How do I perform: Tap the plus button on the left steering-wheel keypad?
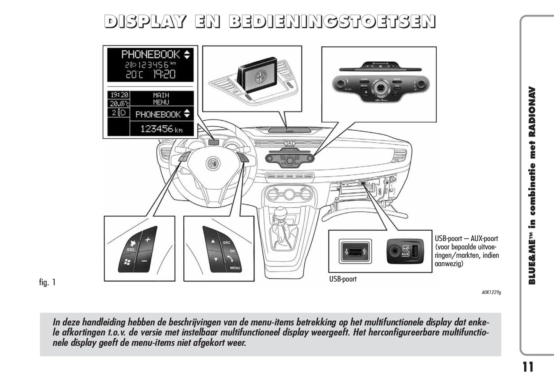click(147, 239)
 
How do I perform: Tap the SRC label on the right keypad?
click(227, 243)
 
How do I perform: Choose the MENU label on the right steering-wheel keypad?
click(235, 268)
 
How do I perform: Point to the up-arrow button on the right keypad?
click(212, 241)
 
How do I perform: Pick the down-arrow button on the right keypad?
click(216, 259)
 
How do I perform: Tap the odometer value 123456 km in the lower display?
click(161, 129)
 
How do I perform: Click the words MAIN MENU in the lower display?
click(161, 98)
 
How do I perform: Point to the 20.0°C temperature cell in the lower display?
click(119, 103)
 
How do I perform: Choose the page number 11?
click(528, 367)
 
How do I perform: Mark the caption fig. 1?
click(48, 282)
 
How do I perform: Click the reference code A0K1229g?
click(491, 292)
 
